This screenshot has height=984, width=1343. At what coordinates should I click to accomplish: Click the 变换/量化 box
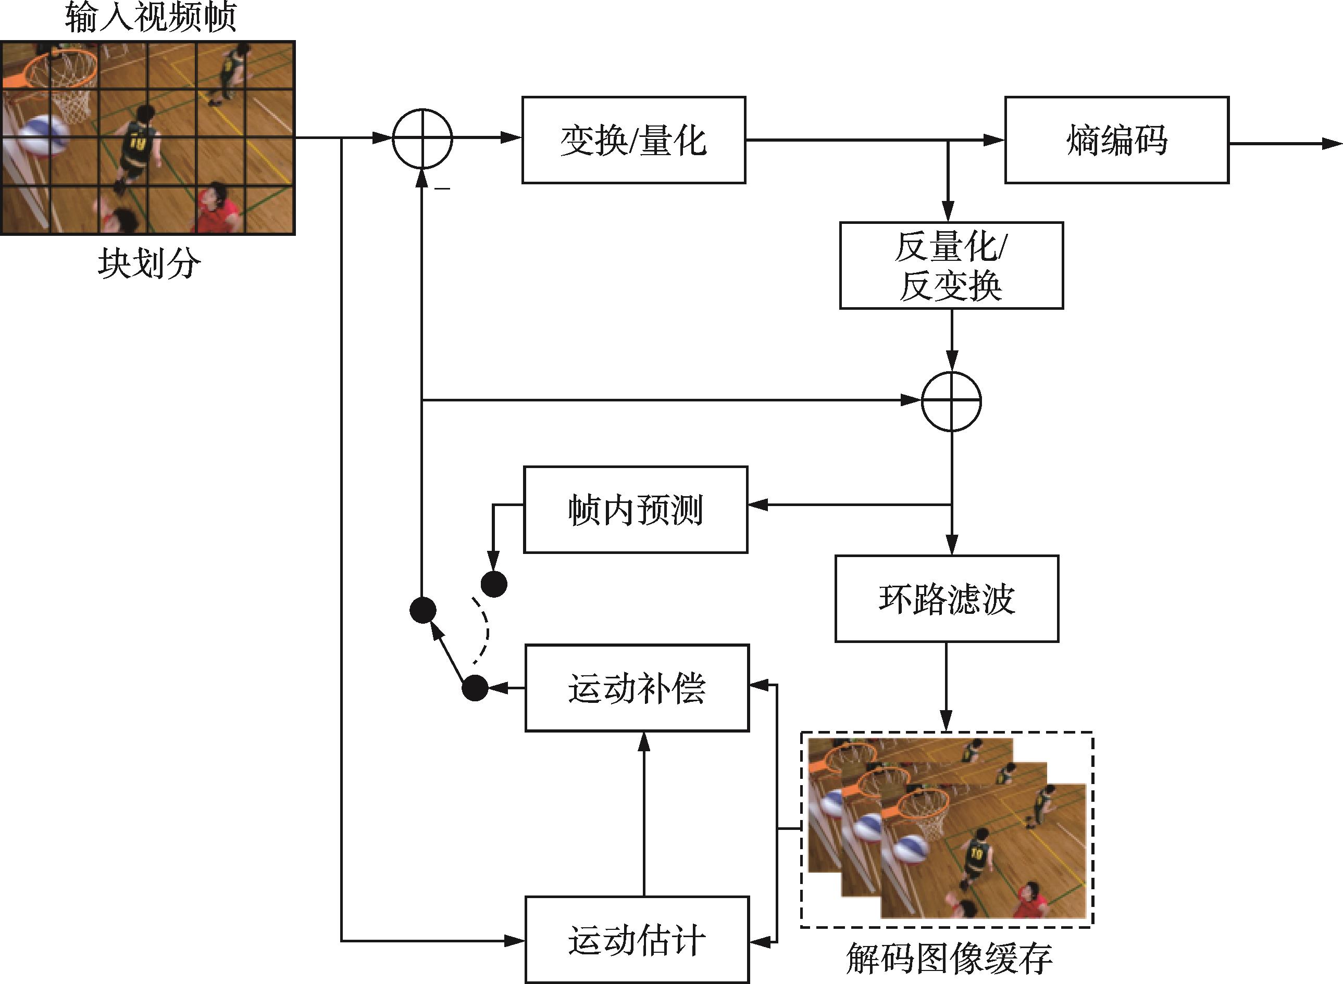[633, 140]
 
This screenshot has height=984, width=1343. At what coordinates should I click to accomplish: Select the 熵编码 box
[1116, 140]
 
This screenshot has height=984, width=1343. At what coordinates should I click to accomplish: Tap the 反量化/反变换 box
[951, 266]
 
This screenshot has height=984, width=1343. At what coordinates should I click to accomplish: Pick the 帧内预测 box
[635, 510]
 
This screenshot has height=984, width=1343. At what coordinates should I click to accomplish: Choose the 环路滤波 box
[946, 599]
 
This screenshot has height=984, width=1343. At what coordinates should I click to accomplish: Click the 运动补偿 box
[637, 688]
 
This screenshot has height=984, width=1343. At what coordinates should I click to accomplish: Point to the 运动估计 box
[637, 940]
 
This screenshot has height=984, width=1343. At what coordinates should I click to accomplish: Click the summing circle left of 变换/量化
[422, 139]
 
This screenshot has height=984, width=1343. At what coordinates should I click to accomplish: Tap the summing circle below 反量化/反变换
[951, 401]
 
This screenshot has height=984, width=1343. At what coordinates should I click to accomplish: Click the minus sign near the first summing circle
[442, 189]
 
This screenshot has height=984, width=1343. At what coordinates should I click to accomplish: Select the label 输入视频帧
[150, 17]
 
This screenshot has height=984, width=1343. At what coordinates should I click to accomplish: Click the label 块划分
[149, 263]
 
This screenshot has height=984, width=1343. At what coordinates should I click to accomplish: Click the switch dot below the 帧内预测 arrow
[493, 584]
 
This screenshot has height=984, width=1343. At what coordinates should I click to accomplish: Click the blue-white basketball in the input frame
[42, 136]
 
